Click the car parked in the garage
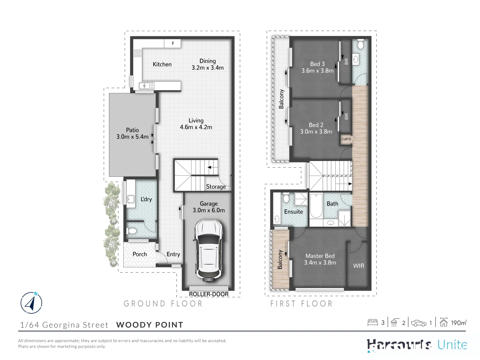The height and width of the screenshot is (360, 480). click(209, 249)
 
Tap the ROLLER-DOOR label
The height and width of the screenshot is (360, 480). click(209, 294)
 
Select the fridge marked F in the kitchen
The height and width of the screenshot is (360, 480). click(173, 43)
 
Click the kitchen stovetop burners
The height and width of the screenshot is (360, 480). click(137, 53)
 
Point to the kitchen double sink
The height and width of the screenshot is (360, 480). click(147, 86)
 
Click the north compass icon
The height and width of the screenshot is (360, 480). click(31, 303)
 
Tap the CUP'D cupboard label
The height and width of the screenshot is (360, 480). click(346, 139)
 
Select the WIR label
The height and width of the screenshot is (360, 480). click(358, 266)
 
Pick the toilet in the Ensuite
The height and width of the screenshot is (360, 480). click(286, 198)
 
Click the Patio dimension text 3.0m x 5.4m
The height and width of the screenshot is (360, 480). click(132, 137)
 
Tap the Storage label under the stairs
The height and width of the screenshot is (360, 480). click(216, 187)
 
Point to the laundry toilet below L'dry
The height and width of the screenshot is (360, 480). click(132, 231)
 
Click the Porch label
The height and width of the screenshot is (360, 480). click(140, 254)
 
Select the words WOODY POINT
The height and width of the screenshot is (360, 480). click(150, 325)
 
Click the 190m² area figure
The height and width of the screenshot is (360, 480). click(459, 323)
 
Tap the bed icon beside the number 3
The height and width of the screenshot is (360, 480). click(372, 323)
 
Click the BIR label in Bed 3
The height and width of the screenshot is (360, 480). click(346, 61)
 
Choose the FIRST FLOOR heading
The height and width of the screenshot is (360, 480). click(301, 304)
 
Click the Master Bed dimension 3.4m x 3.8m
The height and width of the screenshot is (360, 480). click(320, 263)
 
